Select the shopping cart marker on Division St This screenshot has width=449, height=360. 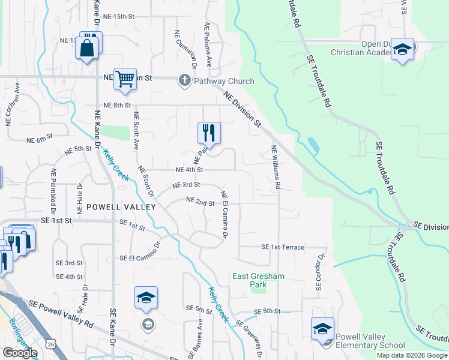125,79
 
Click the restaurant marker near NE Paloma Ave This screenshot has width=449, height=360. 209,133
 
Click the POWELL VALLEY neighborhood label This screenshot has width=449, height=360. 121,207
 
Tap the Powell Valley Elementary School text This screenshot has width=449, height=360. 370,341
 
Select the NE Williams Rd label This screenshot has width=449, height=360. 276,167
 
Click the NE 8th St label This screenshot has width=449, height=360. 116,105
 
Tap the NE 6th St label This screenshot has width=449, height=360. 40,140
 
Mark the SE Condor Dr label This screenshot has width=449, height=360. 320,272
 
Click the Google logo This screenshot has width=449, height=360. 19,352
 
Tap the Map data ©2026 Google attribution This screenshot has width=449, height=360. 412,355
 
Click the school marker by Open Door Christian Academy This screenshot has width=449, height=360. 403,50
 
